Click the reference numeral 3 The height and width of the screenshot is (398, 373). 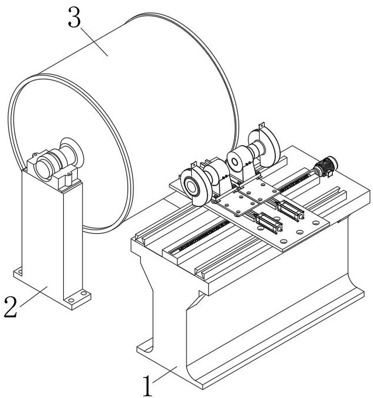pos(74,18)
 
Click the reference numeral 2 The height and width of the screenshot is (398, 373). pos(11,307)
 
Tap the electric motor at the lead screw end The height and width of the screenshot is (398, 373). pos(326,166)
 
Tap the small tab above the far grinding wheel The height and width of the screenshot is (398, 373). pos(261,126)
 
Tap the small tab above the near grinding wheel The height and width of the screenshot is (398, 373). pos(194,164)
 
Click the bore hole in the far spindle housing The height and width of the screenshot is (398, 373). pos(234,162)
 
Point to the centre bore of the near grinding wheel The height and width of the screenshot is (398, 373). pos(191,187)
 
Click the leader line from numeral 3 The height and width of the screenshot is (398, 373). pos(94,41)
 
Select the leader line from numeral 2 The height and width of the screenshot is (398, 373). pos(33,296)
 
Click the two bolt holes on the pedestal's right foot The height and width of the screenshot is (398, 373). pos(77,297)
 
